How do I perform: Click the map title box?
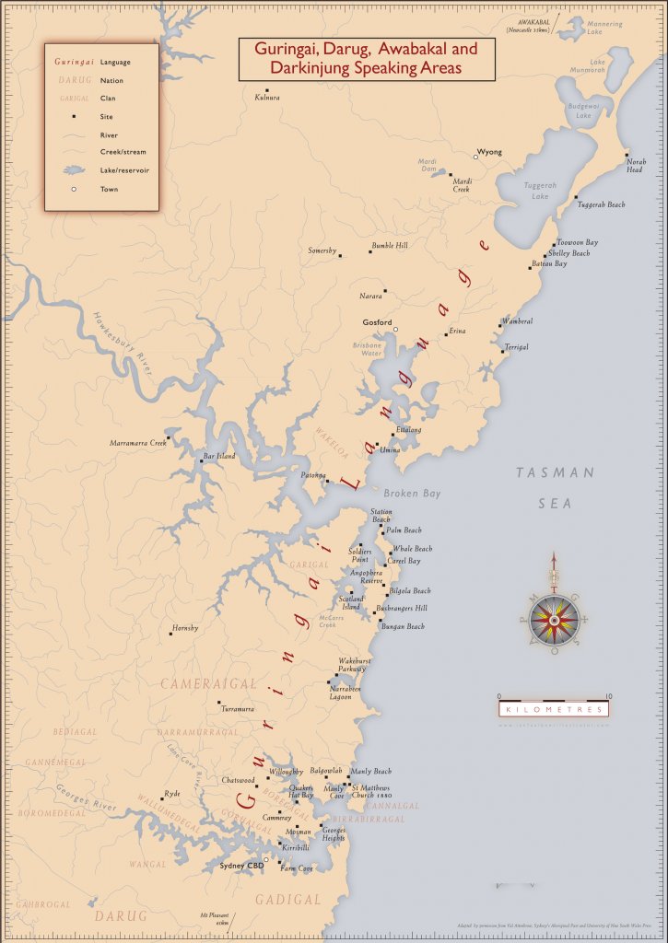coord(366,58)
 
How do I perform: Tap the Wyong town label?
coord(490,151)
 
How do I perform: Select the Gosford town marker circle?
coord(395,330)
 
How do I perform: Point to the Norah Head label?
coord(636,166)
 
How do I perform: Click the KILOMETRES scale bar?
coord(554,710)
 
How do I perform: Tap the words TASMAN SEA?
coord(556,488)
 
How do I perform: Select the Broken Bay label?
coord(412,494)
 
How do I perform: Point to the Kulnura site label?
coord(266,98)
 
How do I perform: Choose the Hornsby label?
coord(184,628)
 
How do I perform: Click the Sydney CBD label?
coord(239,866)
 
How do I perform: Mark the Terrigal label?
coord(516,347)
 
